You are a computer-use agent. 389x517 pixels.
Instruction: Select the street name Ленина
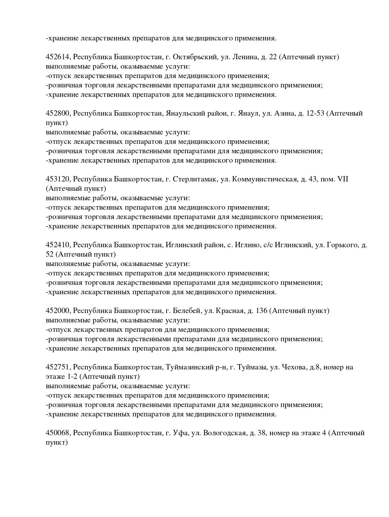pos(246,57)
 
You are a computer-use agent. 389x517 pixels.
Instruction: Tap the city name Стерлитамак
pos(194,179)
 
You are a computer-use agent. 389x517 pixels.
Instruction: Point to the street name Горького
pos(342,245)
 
